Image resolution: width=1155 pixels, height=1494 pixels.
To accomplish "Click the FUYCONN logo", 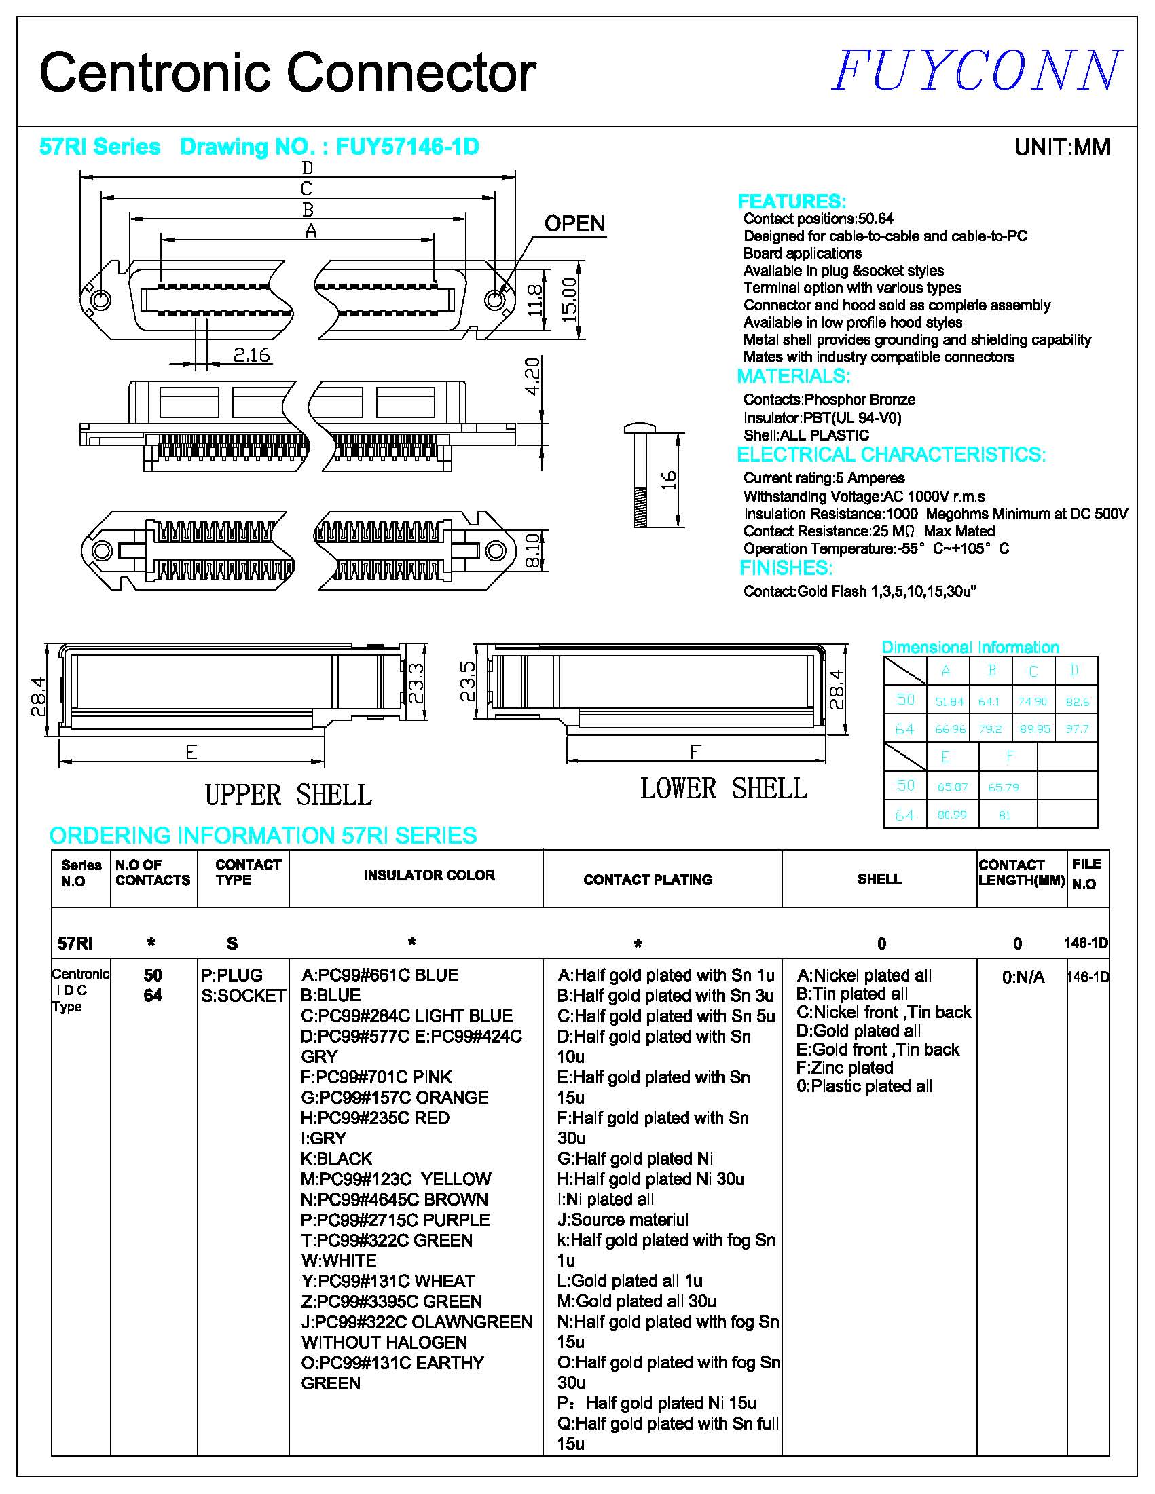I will [x=976, y=71].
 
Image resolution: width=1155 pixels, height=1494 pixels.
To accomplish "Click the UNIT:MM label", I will [x=1061, y=147].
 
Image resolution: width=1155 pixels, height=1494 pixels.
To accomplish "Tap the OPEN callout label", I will [x=574, y=224].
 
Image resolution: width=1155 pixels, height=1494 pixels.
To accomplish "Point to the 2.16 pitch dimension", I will [x=251, y=355].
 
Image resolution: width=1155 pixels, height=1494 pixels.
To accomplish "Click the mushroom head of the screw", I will [x=640, y=429].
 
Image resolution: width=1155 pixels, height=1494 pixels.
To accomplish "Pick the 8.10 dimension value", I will [x=534, y=550].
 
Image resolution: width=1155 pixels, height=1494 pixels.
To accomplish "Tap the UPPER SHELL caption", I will [x=288, y=795].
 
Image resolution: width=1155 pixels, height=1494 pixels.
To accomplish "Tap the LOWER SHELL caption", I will [x=723, y=789].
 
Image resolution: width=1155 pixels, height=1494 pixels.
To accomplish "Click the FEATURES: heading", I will [x=792, y=202].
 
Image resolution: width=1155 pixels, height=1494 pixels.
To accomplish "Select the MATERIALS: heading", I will [x=793, y=376].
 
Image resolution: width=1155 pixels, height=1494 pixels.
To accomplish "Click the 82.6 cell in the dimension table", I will [x=1077, y=702].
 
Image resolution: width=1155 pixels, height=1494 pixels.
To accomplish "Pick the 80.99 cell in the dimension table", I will [x=952, y=815].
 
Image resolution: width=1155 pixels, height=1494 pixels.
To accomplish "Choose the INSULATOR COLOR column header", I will [x=429, y=875].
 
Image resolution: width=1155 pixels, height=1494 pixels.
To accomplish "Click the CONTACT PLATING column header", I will [x=648, y=880].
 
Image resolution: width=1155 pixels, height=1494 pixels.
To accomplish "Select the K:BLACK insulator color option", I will [x=337, y=1159].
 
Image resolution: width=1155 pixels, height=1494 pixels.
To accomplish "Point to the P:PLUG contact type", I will [x=232, y=975].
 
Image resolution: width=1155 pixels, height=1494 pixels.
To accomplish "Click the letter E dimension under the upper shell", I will [x=191, y=753].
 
